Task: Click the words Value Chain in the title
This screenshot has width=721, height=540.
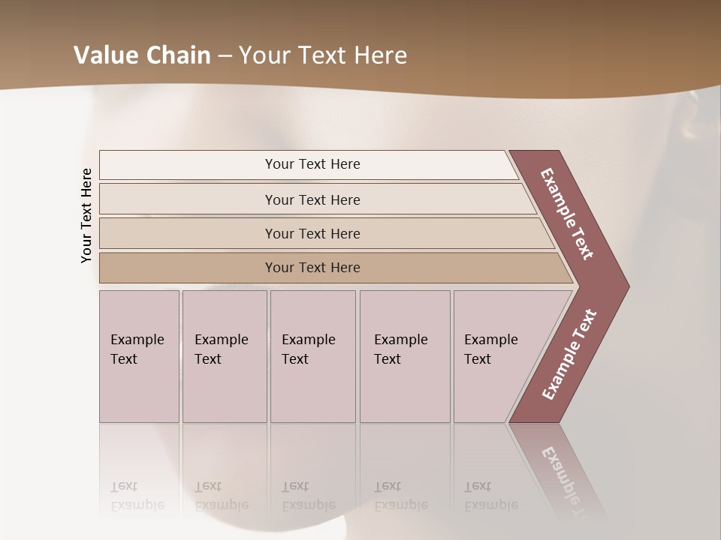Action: coord(142,55)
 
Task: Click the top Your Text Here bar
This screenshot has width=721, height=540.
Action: coord(312,164)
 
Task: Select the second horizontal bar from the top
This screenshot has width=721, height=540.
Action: coord(312,199)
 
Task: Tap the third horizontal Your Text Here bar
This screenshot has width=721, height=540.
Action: coord(312,233)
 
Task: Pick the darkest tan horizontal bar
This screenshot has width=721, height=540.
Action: coord(312,268)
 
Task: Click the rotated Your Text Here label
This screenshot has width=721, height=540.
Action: coord(86,215)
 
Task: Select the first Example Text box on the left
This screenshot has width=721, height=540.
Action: coord(139,355)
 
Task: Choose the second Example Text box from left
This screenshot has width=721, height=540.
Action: coord(224,355)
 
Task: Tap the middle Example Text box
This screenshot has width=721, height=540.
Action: coord(312,355)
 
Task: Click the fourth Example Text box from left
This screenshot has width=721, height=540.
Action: coord(405,355)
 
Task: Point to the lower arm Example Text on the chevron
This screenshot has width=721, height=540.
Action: coord(569,355)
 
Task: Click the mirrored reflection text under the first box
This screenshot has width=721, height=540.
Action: coord(137,496)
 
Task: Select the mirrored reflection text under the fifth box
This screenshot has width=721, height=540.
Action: coord(490,496)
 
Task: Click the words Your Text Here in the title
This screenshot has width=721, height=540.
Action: coord(323,55)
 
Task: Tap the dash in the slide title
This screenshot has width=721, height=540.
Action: coord(225,55)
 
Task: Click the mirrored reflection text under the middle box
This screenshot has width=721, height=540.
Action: coord(308,496)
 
